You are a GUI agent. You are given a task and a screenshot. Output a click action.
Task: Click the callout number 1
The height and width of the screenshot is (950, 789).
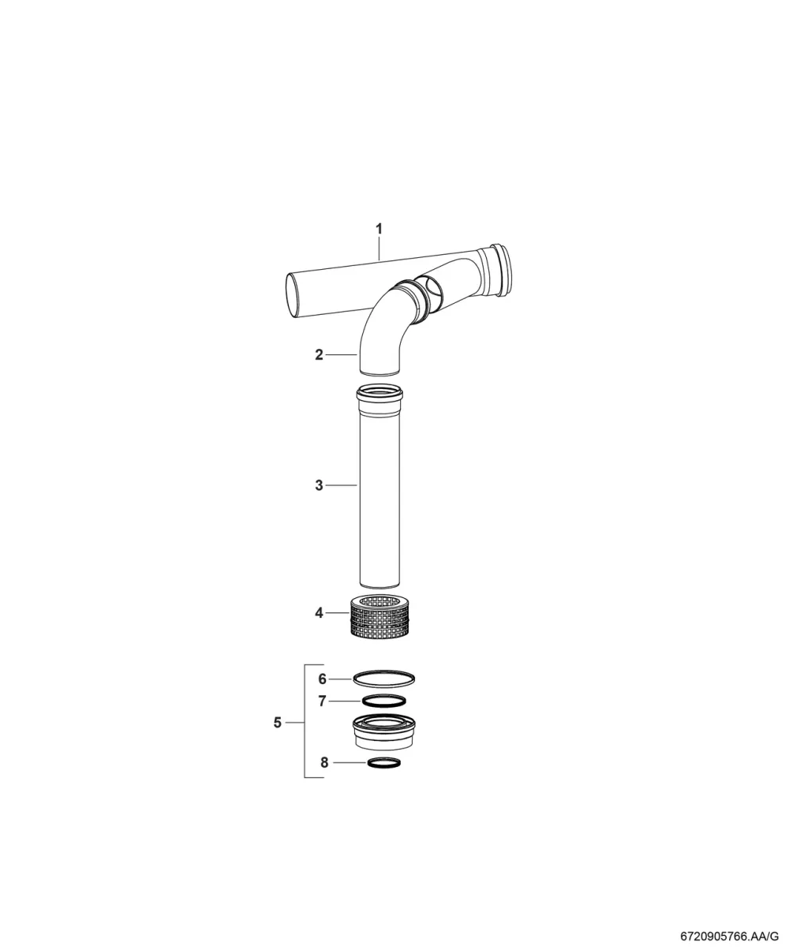(x=379, y=229)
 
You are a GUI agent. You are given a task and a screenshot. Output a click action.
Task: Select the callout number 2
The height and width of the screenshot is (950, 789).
(x=320, y=354)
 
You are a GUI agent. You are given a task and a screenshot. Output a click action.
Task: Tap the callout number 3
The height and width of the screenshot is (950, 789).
(x=320, y=485)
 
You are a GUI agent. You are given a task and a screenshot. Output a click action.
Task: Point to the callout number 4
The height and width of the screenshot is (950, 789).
(x=320, y=613)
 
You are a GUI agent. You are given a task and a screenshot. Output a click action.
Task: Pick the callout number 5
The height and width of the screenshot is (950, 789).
(x=278, y=722)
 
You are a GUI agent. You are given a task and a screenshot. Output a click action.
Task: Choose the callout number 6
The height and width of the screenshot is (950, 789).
(x=323, y=679)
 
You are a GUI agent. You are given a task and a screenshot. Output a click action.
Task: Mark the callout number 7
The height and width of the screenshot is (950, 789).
(x=323, y=701)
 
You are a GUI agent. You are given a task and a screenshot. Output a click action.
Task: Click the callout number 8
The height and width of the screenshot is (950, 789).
(x=324, y=762)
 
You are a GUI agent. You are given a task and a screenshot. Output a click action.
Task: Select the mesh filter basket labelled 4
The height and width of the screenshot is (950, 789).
(x=380, y=617)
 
